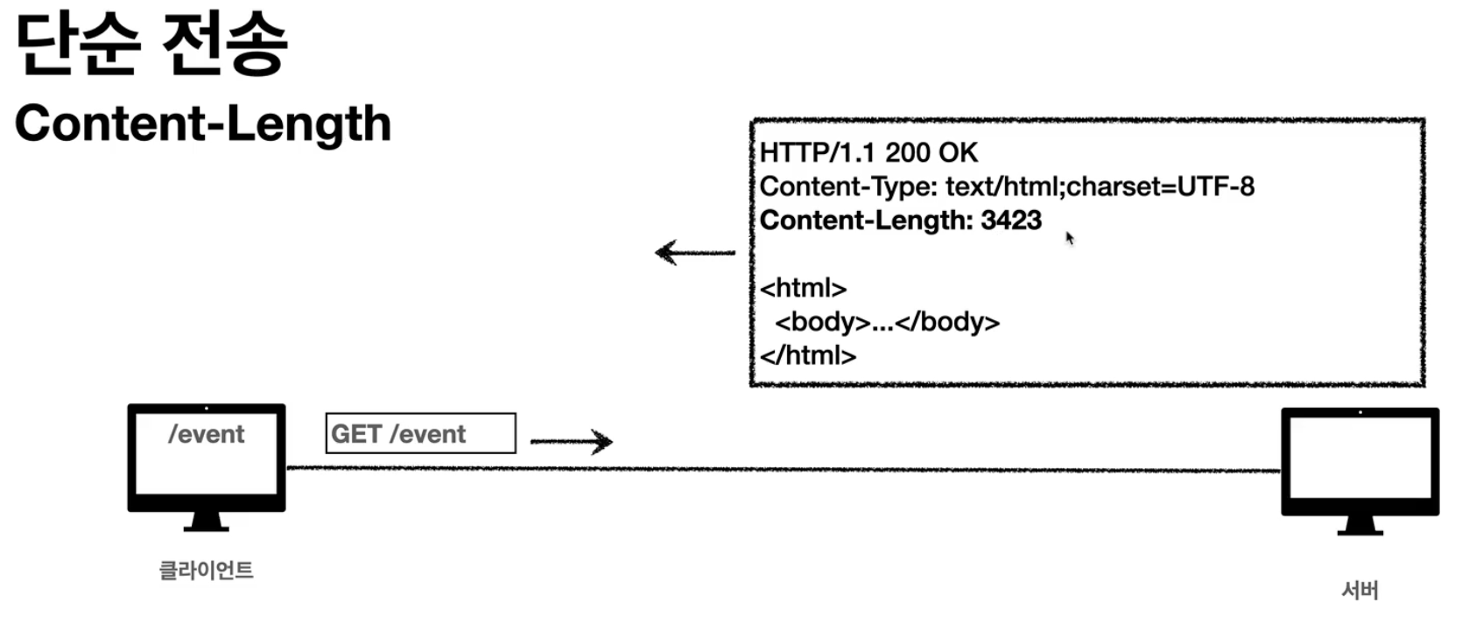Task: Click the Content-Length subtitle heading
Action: [202, 123]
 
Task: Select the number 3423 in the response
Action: [1011, 220]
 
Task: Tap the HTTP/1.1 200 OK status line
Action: [868, 153]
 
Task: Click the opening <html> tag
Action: [803, 288]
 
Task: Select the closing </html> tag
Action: [807, 355]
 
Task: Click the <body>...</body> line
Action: [886, 322]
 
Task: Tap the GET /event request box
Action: [420, 433]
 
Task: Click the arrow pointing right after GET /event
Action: [571, 441]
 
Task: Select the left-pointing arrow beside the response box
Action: [695, 253]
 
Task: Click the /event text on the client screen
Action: [206, 434]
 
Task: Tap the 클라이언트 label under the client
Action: [206, 570]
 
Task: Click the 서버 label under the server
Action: [1360, 591]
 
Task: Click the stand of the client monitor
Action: [206, 521]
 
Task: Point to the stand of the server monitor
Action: [1360, 526]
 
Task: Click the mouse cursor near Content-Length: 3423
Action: [1070, 238]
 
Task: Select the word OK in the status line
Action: [958, 153]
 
